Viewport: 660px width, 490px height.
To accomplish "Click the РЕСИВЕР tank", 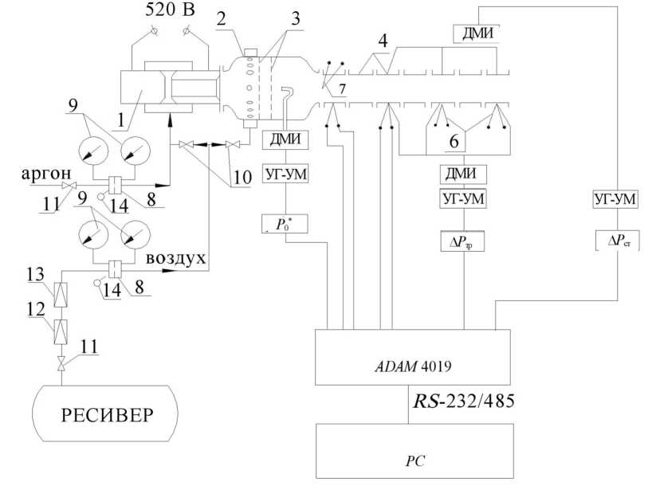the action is (x=105, y=414).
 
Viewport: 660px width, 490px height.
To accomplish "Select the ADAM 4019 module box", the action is (x=413, y=357).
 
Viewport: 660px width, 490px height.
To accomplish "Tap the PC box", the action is (x=414, y=451).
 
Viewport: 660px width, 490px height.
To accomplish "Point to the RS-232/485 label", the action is (x=463, y=401).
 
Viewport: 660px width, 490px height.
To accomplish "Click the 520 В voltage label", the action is (x=170, y=10).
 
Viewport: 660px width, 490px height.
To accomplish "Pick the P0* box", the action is (x=285, y=224).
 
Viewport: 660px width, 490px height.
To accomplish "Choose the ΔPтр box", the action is (x=462, y=241).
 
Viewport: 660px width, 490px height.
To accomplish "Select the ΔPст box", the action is (x=618, y=241).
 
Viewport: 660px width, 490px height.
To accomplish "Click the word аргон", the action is (x=46, y=174).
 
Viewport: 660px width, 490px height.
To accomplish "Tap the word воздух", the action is (x=176, y=258).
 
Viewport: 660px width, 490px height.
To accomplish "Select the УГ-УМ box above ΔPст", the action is (x=615, y=198).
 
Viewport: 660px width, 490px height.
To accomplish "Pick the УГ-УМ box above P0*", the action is (x=285, y=174).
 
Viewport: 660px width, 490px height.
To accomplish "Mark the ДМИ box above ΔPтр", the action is (x=463, y=174).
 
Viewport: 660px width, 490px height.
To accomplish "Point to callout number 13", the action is (x=35, y=274).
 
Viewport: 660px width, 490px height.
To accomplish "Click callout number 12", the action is (x=36, y=310).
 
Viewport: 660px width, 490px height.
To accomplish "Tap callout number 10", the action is (x=242, y=177).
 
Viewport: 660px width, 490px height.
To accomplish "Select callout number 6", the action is (x=454, y=141).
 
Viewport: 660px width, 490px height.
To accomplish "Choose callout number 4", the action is (x=383, y=41).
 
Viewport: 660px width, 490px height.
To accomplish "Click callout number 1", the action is (x=122, y=121).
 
